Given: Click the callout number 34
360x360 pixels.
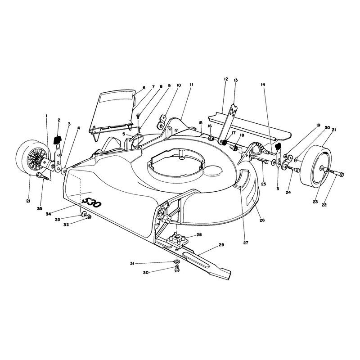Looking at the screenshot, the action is click(x=48, y=214).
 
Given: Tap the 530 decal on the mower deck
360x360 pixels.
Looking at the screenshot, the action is click(x=91, y=202).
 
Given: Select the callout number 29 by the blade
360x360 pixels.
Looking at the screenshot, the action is click(x=221, y=245).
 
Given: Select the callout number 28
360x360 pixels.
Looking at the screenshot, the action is click(x=199, y=235).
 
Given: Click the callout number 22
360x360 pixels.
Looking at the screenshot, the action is click(x=324, y=205).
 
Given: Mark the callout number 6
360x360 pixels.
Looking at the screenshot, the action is click(x=144, y=88).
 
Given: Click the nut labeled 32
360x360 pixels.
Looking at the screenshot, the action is click(x=89, y=216).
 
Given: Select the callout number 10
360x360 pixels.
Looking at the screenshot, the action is click(x=179, y=85).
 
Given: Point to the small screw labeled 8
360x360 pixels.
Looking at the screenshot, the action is click(x=138, y=116).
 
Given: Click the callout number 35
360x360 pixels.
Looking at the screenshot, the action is click(x=40, y=208).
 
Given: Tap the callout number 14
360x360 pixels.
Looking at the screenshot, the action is click(x=263, y=85).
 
